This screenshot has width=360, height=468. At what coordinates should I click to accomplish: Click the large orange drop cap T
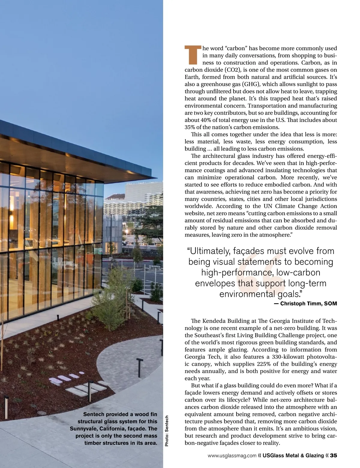(x=192, y=55)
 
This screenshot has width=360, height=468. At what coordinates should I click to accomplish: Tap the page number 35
(x=334, y=455)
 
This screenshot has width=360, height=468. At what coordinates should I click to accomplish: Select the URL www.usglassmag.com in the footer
(x=232, y=456)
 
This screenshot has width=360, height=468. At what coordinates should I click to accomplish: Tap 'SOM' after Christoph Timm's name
(x=331, y=303)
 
